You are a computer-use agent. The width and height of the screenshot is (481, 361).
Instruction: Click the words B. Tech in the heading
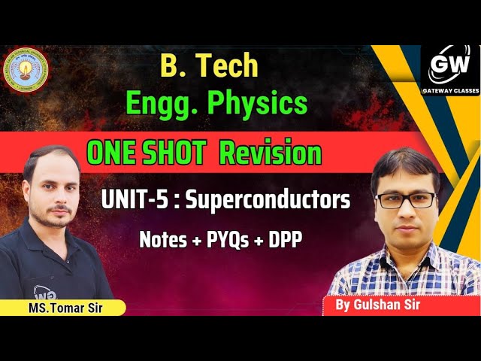pyautogui.click(x=210, y=67)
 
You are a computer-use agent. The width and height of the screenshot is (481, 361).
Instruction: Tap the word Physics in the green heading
pyautogui.click(x=258, y=103)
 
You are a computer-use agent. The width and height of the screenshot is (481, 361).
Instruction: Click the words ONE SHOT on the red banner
pyautogui.click(x=146, y=153)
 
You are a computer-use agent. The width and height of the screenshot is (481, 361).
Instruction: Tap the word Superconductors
pyautogui.click(x=268, y=201)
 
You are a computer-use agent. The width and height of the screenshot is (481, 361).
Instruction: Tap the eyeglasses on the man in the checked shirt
pyautogui.click(x=406, y=201)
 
